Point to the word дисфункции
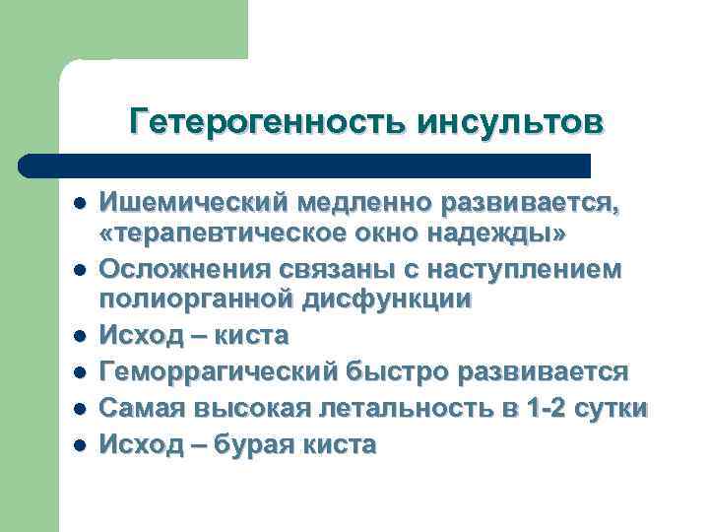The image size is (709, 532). pos(391,300)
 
